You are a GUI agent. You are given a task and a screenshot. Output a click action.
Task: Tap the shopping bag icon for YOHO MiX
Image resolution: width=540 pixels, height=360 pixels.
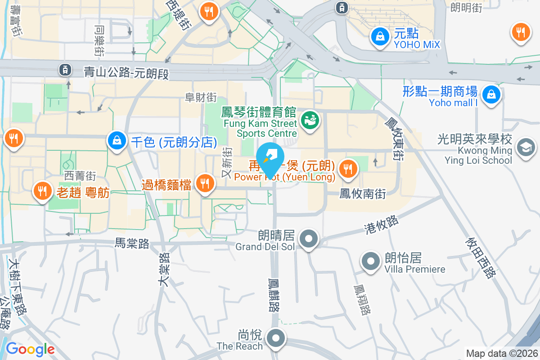point(381,36)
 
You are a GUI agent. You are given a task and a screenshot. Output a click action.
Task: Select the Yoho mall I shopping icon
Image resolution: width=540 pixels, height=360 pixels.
point(491,94)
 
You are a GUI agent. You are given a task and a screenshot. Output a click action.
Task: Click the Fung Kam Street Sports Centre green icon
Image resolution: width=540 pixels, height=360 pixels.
point(310,120)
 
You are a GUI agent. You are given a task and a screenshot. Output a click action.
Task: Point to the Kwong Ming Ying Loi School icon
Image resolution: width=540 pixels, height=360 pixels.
point(525,147)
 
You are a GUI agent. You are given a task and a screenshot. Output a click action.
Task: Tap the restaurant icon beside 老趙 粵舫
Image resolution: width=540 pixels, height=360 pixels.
point(42,191)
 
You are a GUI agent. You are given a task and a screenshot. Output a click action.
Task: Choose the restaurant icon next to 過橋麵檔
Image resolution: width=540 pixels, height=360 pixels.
point(205,183)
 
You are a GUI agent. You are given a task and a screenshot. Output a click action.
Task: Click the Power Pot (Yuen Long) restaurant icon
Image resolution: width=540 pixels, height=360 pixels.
point(347,169)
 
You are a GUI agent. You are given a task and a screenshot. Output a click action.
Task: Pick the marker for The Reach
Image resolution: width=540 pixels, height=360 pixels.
point(275,338)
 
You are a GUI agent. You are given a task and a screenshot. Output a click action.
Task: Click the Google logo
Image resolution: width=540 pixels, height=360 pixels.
point(30,349)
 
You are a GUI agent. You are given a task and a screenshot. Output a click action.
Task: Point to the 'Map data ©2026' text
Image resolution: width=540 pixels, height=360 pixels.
point(501,353)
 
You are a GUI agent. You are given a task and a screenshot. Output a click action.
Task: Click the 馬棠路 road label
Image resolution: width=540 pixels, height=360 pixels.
point(132,243)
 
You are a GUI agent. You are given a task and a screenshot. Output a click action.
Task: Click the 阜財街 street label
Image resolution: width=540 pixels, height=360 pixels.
point(201,97)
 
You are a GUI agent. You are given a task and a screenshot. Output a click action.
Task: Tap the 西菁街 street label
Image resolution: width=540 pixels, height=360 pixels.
point(80,175)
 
